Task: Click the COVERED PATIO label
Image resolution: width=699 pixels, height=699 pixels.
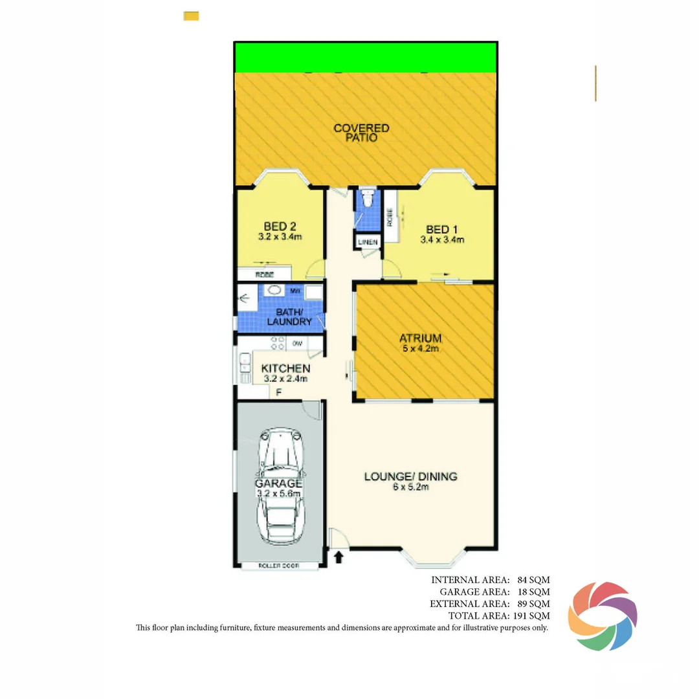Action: [361, 133]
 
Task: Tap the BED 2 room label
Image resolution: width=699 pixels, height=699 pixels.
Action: [280, 226]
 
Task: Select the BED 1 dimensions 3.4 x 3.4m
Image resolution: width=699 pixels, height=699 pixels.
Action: [442, 239]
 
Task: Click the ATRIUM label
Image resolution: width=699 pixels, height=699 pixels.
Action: [420, 338]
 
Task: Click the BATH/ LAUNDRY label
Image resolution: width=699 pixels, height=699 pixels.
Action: [289, 316]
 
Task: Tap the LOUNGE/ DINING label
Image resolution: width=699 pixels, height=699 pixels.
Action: [410, 476]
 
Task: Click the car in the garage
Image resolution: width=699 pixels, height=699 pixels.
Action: [278, 485]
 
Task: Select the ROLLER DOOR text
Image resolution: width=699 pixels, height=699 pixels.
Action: [278, 566]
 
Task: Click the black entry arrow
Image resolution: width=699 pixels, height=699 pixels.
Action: [338, 557]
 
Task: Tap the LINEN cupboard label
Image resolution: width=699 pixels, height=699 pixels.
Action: [367, 242]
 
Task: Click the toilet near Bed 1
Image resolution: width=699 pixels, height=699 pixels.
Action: [368, 198]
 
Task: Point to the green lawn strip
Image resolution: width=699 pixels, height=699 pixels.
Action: [366, 58]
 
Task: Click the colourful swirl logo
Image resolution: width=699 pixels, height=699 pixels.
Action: [602, 616]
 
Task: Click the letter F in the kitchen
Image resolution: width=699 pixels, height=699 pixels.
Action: [278, 392]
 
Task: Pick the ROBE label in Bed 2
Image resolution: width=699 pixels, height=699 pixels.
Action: [264, 275]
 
